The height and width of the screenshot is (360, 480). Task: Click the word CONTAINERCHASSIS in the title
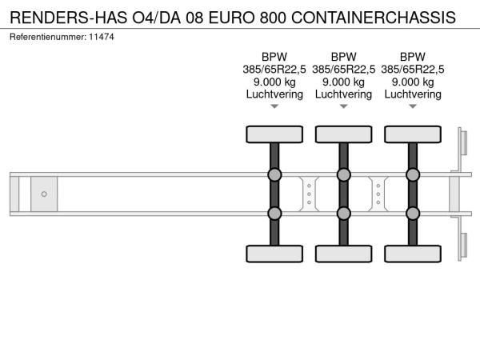(x=374, y=18)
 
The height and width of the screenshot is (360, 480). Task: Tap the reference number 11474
(x=102, y=37)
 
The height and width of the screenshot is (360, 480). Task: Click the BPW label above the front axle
(x=274, y=57)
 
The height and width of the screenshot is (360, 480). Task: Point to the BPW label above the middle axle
(x=343, y=57)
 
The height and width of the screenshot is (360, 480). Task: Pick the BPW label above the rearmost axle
(x=413, y=57)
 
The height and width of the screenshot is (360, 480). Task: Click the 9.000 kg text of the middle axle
(x=343, y=82)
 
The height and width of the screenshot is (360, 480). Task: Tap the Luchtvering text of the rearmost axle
(x=413, y=94)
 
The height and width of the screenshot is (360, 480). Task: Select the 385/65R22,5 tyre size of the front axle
(x=274, y=70)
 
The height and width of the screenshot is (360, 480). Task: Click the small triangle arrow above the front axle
(x=274, y=106)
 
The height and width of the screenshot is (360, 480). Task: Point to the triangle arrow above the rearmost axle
(x=413, y=106)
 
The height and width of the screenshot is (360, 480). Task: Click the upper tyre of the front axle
(x=274, y=134)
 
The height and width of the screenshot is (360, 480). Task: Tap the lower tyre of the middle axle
(x=344, y=254)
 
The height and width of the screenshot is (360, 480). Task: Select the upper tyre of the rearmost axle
(x=413, y=134)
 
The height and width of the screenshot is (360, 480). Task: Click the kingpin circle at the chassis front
(x=44, y=194)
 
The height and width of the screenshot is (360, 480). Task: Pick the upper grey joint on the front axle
(x=274, y=174)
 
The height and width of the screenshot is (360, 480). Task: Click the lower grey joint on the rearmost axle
(x=413, y=214)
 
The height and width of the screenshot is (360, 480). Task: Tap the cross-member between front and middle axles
(x=309, y=194)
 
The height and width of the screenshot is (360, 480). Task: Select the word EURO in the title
(x=231, y=18)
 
